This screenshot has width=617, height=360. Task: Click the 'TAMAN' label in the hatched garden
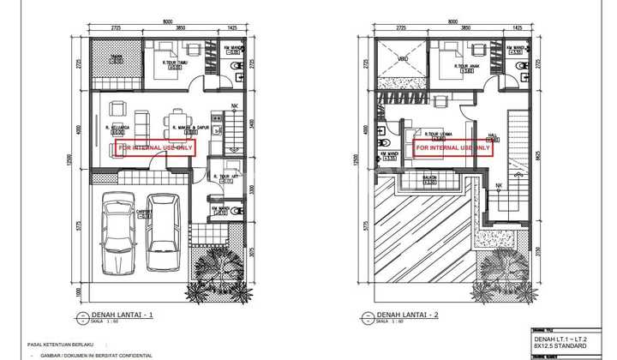(x=116, y=58)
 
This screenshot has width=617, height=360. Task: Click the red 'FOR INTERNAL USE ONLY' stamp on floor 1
(x=155, y=147)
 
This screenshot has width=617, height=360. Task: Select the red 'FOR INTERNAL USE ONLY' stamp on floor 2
(x=453, y=147)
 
